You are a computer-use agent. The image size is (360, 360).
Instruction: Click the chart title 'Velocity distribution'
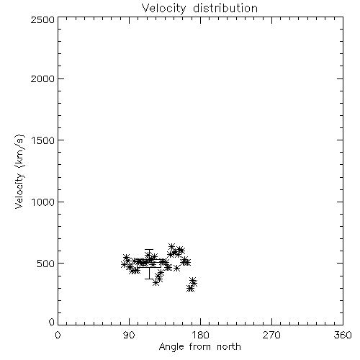tap(199, 9)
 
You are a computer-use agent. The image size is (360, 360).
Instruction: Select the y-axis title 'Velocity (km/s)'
tap(19, 171)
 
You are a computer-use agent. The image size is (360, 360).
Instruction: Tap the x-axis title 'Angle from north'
tap(199, 347)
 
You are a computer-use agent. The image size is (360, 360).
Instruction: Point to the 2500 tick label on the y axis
tap(42, 19)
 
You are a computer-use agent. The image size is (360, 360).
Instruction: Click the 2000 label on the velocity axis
tap(42, 78)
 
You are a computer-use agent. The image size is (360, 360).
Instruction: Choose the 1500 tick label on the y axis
tap(43, 140)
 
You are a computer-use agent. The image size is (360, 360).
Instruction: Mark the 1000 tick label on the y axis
tap(43, 202)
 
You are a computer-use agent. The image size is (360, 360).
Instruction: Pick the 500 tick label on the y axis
tap(46, 264)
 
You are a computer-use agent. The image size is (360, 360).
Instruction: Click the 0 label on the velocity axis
tap(52, 322)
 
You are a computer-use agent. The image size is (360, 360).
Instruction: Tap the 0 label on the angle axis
tap(58, 335)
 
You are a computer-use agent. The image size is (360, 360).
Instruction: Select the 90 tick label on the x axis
tap(129, 335)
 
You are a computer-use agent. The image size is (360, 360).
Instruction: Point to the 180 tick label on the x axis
tap(199, 335)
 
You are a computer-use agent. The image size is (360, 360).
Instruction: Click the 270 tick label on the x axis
tap(271, 335)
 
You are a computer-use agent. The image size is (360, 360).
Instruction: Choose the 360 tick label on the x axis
tap(343, 335)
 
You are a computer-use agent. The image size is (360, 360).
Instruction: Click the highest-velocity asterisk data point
tap(171, 246)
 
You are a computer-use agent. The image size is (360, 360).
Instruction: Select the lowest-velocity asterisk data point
tap(190, 288)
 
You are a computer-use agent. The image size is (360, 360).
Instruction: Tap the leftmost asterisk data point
tap(124, 264)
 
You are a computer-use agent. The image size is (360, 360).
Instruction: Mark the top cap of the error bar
tap(149, 250)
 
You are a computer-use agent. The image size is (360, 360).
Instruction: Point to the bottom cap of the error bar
tap(149, 279)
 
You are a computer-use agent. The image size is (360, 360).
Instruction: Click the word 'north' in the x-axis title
tap(229, 347)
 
